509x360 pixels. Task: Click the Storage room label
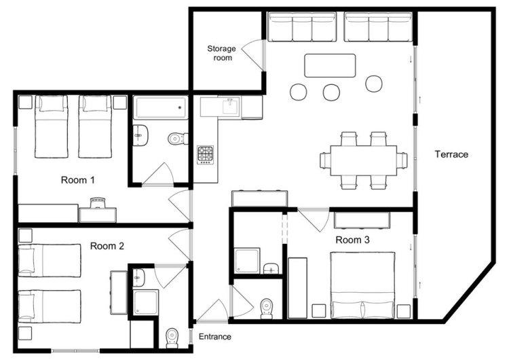click(x=222, y=53)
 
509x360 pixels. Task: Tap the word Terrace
click(x=451, y=154)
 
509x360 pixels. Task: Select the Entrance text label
click(x=215, y=337)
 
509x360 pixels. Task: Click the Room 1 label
click(x=78, y=180)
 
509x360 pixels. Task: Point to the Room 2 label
click(x=107, y=246)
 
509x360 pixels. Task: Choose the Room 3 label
click(x=352, y=240)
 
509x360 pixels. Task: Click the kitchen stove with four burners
click(x=206, y=155)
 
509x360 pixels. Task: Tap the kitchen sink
click(x=231, y=106)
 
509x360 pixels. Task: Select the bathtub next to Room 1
click(x=160, y=107)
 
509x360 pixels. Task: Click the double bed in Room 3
click(x=362, y=285)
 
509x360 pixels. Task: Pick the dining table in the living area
click(x=364, y=160)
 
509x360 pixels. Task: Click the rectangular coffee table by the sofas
click(x=330, y=65)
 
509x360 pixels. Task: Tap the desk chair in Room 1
click(x=98, y=202)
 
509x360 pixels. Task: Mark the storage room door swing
click(x=252, y=54)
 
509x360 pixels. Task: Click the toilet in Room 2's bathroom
click(x=172, y=338)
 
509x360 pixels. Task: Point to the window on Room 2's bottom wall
click(x=75, y=350)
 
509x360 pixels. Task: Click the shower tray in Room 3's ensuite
click(x=247, y=261)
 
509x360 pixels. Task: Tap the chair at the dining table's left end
click(x=325, y=160)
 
